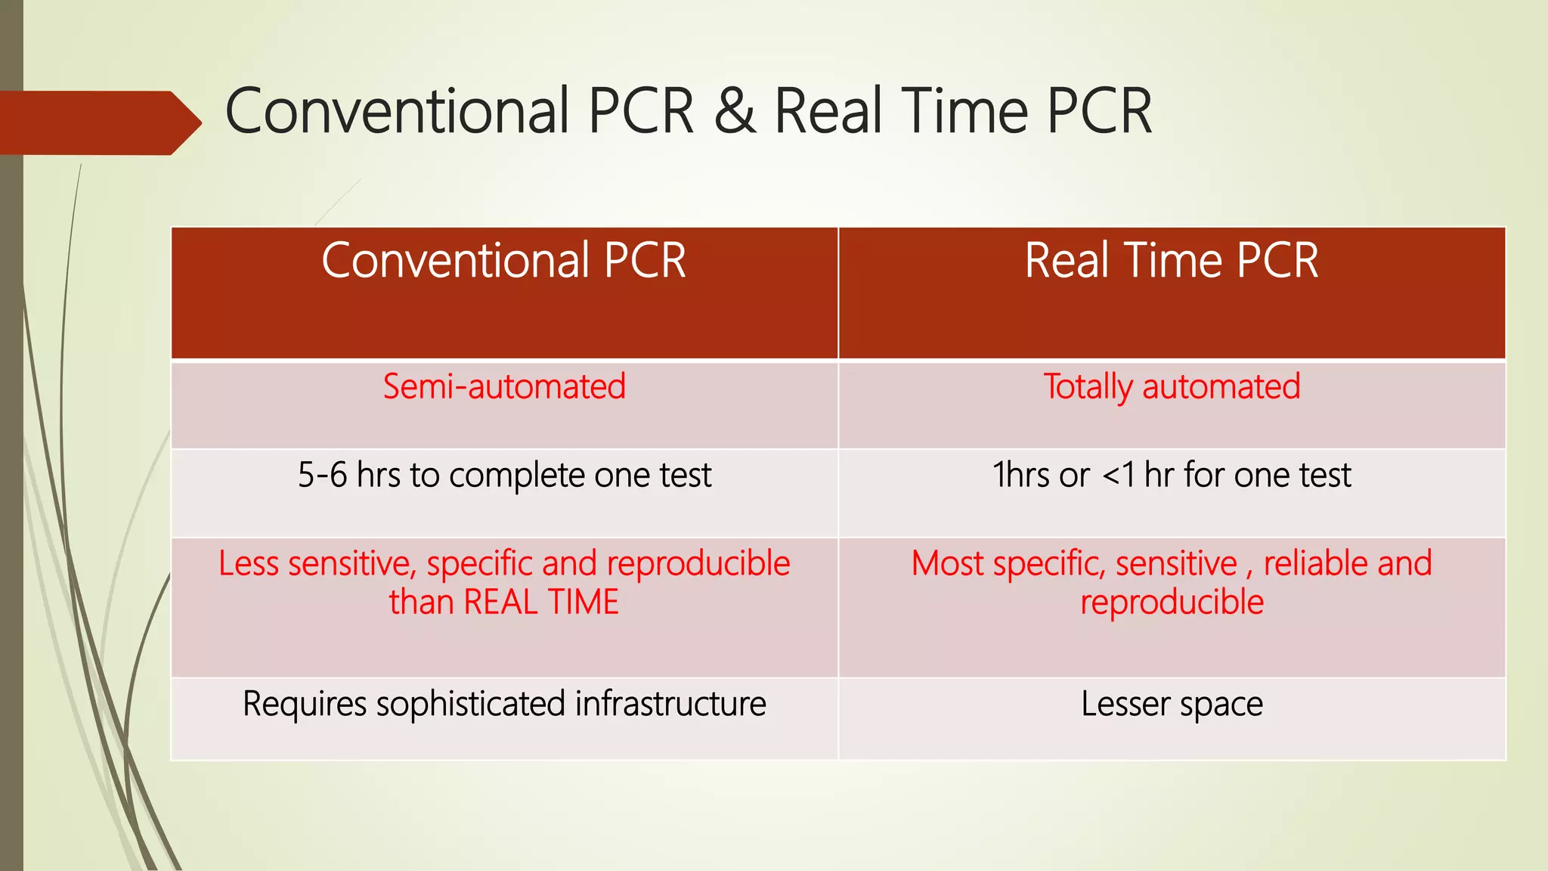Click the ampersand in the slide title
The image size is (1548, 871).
[735, 112]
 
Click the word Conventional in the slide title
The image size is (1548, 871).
[396, 112]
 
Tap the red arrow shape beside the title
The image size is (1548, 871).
[98, 122]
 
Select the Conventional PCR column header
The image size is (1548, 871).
[504, 261]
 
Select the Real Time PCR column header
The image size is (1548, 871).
[1172, 261]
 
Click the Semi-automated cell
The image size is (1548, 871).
[504, 387]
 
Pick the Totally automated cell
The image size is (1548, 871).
[1172, 387]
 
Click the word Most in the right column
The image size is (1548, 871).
[947, 564]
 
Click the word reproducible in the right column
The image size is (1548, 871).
[1172, 603]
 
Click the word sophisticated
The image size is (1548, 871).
[471, 705]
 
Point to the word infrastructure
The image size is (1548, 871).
[670, 705]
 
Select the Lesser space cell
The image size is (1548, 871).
[1172, 705]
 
